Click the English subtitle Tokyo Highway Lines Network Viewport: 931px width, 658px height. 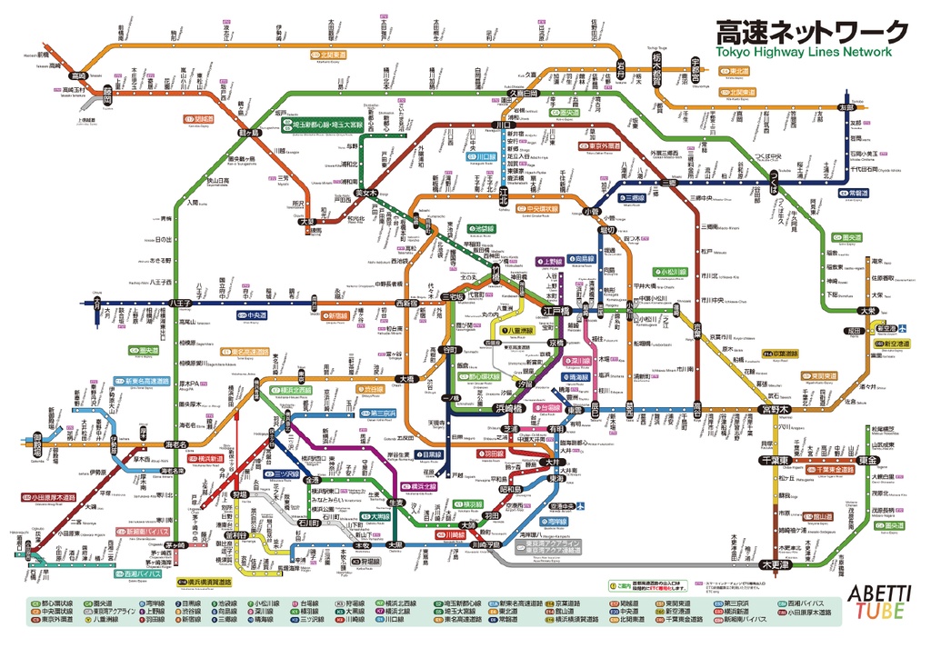pos(805,52)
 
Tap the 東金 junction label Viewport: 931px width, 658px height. pos(843,461)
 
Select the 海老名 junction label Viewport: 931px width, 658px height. pos(177,444)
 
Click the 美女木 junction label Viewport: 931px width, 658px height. pos(366,193)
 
